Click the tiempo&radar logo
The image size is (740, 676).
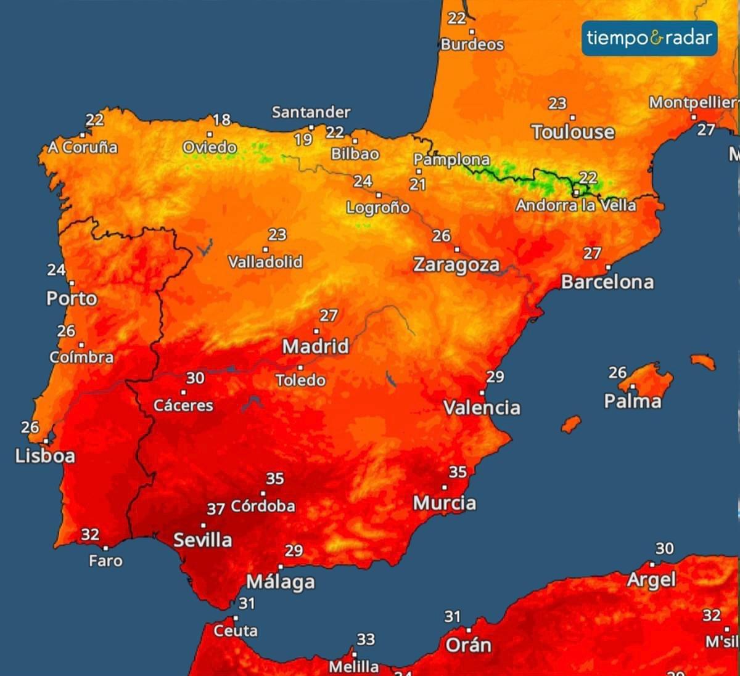pos(649,38)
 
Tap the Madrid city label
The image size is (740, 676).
pos(316,346)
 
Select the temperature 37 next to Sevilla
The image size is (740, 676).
pos(215,509)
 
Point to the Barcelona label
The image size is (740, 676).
pos(607,282)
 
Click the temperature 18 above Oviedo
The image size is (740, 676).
pos(221,120)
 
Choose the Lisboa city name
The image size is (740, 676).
pos(45,456)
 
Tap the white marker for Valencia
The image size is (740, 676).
pos(482,393)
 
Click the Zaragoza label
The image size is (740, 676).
pos(456,265)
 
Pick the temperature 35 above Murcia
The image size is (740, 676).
pos(458,472)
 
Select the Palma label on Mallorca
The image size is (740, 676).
pos(633,401)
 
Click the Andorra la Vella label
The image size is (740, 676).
pos(576,205)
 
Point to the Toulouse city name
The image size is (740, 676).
pos(573,132)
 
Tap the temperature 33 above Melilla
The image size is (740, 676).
pos(366,640)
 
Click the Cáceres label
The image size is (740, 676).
pos(183,405)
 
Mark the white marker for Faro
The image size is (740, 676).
pos(105,548)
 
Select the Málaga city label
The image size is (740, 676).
pos(281,582)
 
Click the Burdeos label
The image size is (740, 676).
pos(472,44)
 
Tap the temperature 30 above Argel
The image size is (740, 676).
pos(664,548)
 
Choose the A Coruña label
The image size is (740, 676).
pos(83,147)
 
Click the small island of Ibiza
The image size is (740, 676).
pos(571,424)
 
